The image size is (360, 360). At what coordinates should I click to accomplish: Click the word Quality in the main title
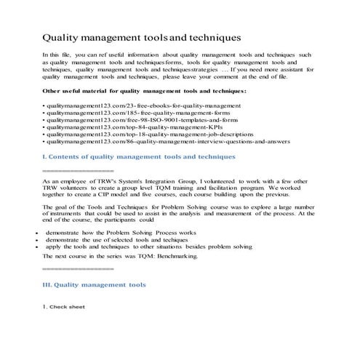pos(64,36)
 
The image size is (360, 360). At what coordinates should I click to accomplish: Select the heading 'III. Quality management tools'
pos(95,284)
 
